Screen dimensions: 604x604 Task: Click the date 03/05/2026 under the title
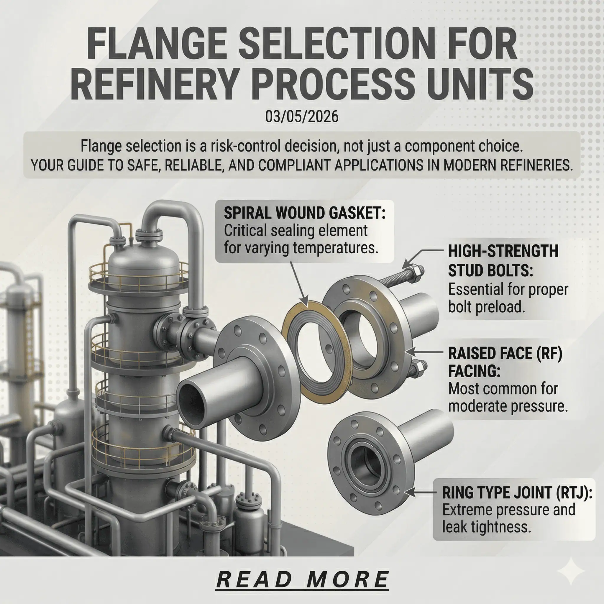302,117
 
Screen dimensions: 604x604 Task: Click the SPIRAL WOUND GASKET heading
304,213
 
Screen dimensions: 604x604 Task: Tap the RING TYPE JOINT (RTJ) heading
517,493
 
